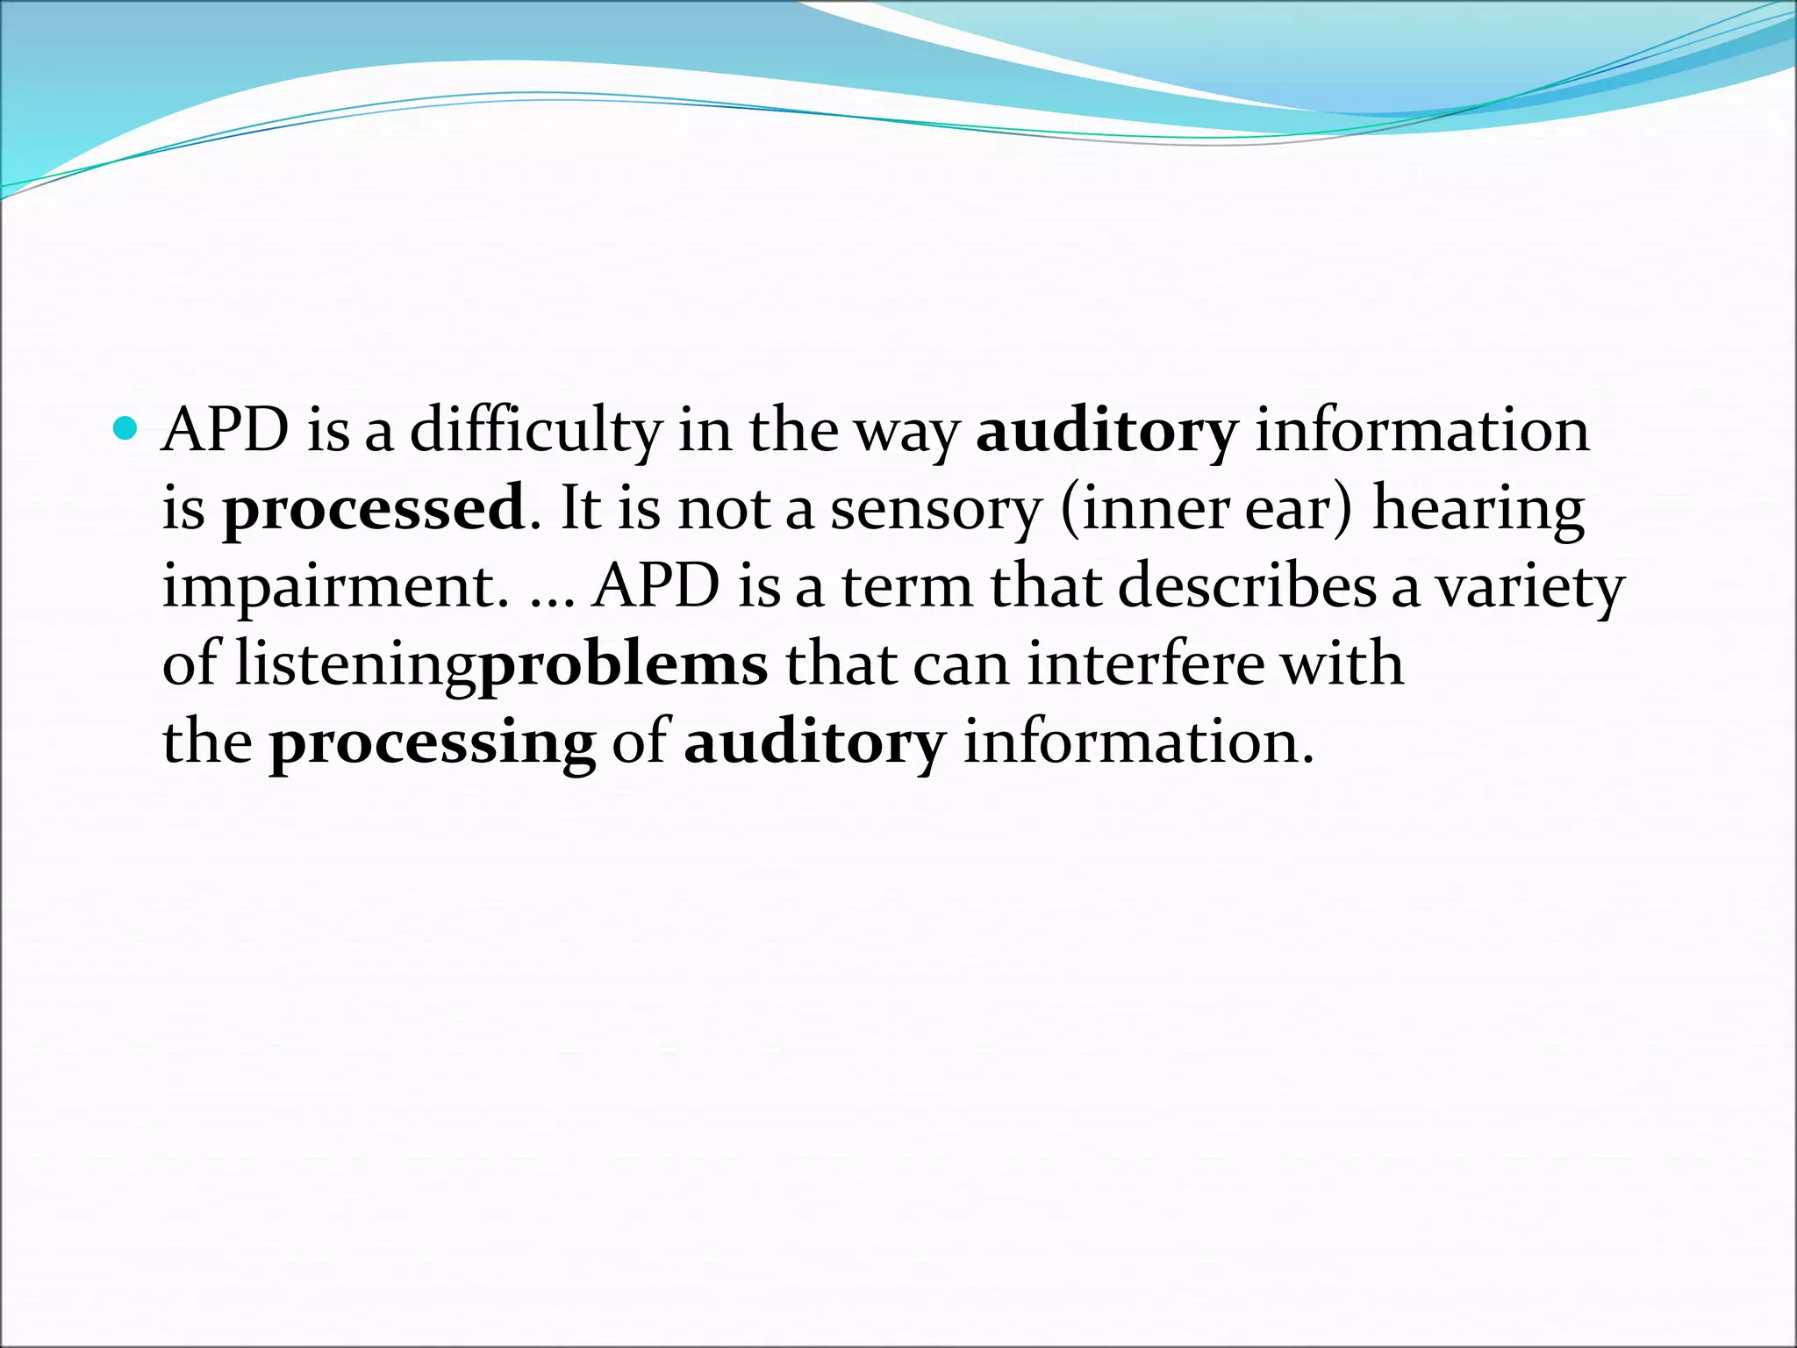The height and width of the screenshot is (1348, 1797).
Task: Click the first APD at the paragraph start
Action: tap(226, 432)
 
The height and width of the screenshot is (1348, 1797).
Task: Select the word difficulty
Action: tap(535, 432)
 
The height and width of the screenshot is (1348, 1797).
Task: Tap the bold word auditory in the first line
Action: tap(1106, 432)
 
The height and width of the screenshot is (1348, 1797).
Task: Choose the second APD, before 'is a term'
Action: tap(656, 586)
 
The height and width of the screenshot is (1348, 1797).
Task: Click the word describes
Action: tap(1247, 586)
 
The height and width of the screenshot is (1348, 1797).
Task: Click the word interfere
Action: tap(1146, 663)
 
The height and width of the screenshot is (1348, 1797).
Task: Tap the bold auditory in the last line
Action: tap(813, 742)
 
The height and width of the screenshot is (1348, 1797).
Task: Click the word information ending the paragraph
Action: tap(1138, 742)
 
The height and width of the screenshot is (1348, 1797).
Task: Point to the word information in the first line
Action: tap(1421, 432)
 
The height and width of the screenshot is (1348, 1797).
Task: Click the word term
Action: tap(907, 586)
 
